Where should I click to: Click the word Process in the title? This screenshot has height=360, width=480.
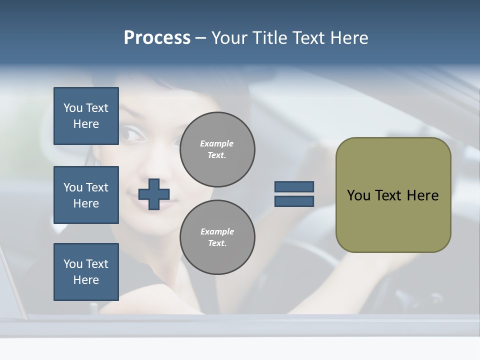pos(157,38)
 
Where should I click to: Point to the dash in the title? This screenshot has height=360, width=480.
pos(200,38)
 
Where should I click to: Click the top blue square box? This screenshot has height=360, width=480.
pos(86,116)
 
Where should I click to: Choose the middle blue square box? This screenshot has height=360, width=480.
pos(86,195)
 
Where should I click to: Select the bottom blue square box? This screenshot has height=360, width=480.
pos(86,272)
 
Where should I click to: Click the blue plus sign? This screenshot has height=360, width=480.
pos(154,194)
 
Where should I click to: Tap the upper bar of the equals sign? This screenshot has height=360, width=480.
pos(294,186)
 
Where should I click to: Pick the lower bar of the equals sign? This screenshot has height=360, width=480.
pos(294,201)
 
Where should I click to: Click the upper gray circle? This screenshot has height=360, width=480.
pos(217,149)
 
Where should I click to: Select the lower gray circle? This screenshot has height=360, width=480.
pos(217,237)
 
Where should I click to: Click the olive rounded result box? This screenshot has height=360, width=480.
pos(393,195)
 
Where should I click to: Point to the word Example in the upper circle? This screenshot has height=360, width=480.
pos(217,143)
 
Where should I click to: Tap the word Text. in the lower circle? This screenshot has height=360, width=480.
pos(217,243)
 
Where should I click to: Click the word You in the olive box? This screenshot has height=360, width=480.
pos(359,195)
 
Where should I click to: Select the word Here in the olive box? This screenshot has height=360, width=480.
pos(422,195)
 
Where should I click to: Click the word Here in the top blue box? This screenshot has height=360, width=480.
pos(86,124)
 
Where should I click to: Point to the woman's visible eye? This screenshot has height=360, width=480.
pos(131,133)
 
